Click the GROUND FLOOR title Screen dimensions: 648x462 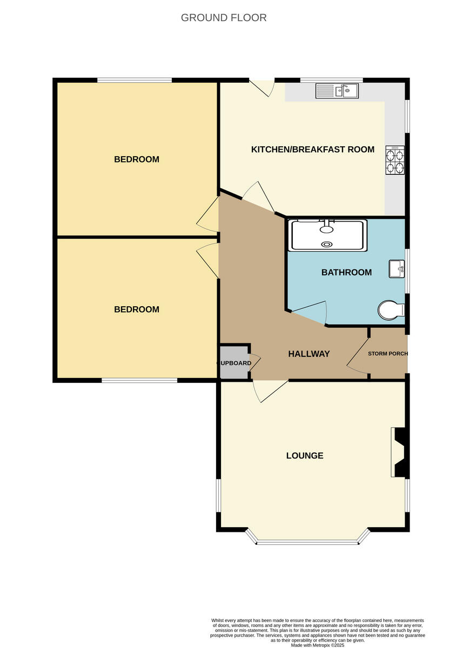223,18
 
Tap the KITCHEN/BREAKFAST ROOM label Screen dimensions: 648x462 312,149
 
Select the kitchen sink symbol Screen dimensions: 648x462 337,91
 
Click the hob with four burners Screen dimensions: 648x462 394,160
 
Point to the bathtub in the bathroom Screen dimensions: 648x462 329,235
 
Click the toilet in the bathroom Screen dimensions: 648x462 391,310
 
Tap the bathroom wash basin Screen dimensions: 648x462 396,268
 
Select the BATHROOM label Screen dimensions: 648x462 346,272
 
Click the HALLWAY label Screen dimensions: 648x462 309,354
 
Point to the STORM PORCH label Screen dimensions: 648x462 387,354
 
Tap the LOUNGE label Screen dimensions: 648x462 305,455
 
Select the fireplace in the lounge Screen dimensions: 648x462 400,452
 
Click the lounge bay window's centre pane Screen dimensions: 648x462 307,542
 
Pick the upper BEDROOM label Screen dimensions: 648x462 137,159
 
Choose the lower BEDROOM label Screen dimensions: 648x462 137,309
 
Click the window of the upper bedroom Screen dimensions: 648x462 135,80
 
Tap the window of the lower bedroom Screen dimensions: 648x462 139,380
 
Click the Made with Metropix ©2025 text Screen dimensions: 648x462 317,645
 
